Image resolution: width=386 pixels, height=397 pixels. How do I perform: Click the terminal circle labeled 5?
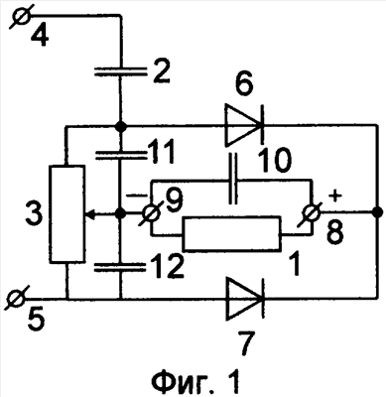click(16, 300)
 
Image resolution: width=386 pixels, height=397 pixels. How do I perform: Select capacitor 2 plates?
click(120, 71)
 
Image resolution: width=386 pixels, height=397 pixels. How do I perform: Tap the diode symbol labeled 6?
click(244, 125)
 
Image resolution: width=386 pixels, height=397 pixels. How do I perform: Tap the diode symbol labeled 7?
click(244, 299)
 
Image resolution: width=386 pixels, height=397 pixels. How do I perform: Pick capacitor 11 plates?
click(120, 155)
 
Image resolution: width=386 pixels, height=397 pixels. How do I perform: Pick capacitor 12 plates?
click(120, 268)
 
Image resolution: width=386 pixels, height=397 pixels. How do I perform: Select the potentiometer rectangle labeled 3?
click(66, 214)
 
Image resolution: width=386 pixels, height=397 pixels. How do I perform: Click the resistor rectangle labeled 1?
click(232, 233)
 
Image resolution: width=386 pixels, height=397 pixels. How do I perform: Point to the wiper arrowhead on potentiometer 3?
click(90, 214)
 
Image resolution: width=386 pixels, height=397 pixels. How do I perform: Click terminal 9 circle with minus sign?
click(152, 214)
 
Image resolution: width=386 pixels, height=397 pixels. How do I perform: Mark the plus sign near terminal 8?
click(335, 197)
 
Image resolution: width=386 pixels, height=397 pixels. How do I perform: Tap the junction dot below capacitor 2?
click(120, 126)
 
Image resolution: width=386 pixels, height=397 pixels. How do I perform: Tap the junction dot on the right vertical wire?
click(377, 211)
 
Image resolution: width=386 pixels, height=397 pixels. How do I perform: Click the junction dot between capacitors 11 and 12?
click(120, 214)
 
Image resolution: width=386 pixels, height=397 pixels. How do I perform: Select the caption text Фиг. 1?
click(195, 380)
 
